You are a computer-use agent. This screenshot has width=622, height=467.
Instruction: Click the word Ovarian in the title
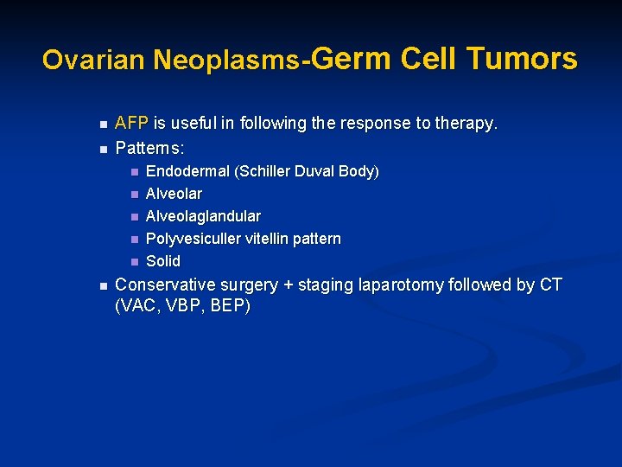click(94, 60)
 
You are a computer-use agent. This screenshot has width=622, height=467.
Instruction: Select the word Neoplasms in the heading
click(226, 60)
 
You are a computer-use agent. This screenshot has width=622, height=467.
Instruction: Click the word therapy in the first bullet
click(467, 124)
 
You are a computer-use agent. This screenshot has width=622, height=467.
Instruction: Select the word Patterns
click(149, 148)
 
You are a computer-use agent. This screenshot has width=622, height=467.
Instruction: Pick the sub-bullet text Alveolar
click(174, 194)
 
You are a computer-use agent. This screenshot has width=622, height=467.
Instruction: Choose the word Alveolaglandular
click(203, 216)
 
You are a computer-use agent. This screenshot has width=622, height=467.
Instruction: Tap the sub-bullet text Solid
click(163, 261)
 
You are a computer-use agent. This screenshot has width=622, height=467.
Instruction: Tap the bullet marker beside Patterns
click(102, 149)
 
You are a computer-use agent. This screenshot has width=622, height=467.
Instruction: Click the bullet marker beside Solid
click(134, 261)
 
